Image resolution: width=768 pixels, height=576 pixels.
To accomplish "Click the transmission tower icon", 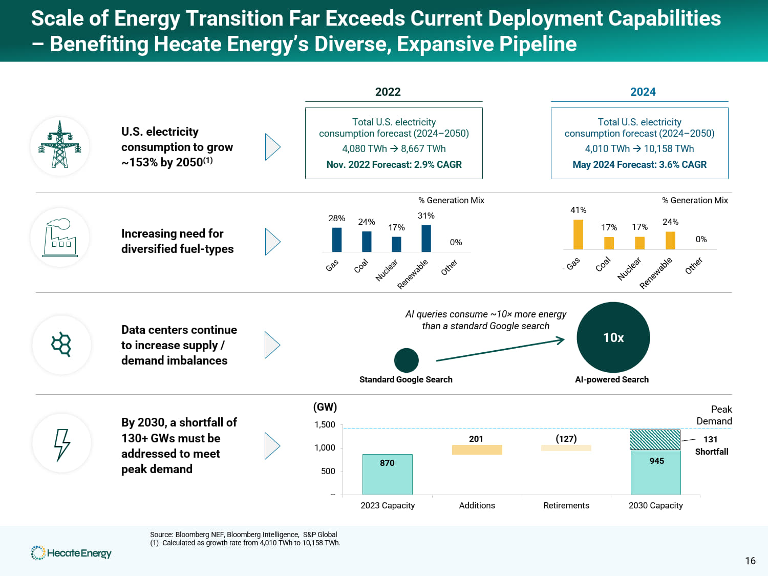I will coord(60,145).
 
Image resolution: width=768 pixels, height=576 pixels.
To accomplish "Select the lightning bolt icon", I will coord(62,444).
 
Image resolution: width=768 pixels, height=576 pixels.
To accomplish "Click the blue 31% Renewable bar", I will coord(426,238).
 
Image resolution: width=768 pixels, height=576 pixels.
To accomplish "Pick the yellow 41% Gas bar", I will coord(578,234).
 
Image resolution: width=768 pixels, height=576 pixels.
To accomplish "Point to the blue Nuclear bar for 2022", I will coord(396,244).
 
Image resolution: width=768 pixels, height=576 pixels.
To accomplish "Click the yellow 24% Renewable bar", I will coord(670,241).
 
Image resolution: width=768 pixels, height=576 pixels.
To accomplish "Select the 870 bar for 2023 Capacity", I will coord(387,474).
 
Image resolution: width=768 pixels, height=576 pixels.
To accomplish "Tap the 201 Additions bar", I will coord(477,450).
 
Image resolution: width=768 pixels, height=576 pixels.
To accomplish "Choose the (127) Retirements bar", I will coord(566,448).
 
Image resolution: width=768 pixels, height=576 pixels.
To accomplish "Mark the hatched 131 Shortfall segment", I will coord(655,440).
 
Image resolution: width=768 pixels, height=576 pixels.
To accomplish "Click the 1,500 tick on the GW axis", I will coord(325,424).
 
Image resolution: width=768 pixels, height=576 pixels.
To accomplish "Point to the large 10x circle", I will coord(613,337).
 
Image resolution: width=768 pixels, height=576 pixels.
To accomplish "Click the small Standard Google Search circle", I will coord(406,360).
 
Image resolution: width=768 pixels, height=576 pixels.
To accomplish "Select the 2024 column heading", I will coord(643,92).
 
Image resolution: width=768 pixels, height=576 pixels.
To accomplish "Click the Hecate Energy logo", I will coord(71,553).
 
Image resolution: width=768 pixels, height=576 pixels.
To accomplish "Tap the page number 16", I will coord(750,561).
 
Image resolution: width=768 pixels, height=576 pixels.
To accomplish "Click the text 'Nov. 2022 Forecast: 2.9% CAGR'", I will coord(394,165).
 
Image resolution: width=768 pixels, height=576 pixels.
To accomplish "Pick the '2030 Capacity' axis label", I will coord(655,505).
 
